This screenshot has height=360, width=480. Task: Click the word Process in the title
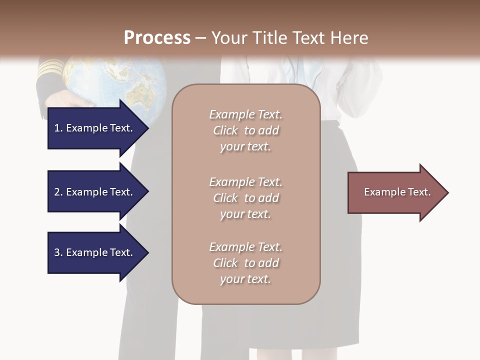[x=157, y=37]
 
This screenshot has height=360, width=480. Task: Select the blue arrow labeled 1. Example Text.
[x=95, y=128]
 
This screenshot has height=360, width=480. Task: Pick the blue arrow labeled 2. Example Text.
[x=95, y=192]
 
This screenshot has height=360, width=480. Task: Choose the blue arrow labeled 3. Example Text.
[x=95, y=252]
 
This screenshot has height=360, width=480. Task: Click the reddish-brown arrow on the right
[x=395, y=192]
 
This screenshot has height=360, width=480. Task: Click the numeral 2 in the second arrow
[x=57, y=192]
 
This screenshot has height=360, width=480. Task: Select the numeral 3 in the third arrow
[x=57, y=252]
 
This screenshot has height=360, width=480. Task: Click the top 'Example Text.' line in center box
[x=245, y=114]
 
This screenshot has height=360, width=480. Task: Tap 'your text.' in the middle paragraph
[x=245, y=214]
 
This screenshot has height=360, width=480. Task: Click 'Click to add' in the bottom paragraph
[x=245, y=263]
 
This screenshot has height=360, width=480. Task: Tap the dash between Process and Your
[x=201, y=38]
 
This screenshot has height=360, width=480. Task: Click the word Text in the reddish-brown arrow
[x=419, y=192]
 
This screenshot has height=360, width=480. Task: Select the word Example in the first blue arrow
[x=86, y=128]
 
